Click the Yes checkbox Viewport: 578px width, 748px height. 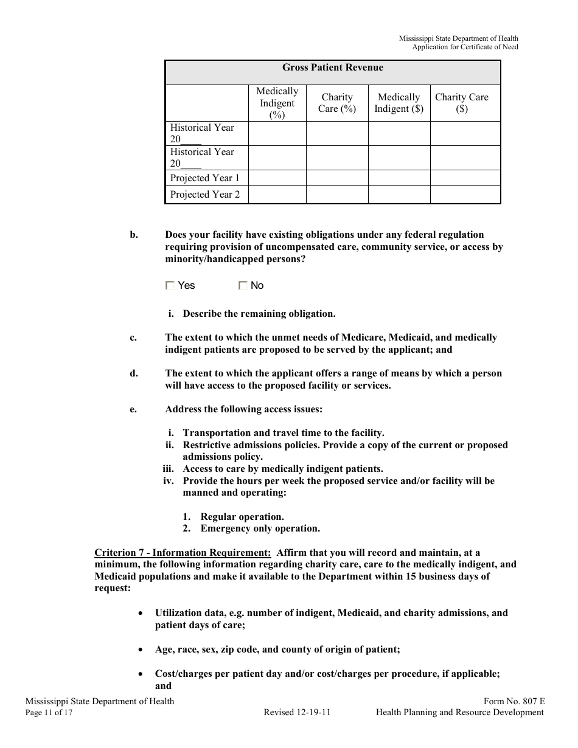tap(170, 286)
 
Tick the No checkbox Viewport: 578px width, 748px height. tap(243, 286)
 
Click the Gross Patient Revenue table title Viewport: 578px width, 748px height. tap(332, 68)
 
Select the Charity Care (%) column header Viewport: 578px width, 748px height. tap(337, 103)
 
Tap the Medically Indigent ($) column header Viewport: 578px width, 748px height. tap(399, 103)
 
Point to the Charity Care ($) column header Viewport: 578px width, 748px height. tap(462, 103)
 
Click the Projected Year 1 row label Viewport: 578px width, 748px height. tap(205, 178)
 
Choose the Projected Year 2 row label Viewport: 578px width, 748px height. tap(205, 195)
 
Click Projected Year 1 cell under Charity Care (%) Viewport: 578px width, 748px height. tap(337, 178)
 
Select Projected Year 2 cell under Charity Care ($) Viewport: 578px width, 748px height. tap(465, 195)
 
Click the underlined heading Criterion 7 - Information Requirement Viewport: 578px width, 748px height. tap(183, 553)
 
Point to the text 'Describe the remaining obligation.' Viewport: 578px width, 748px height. tap(259, 314)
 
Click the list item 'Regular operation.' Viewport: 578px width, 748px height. tap(242, 517)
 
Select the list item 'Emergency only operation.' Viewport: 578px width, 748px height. tap(260, 528)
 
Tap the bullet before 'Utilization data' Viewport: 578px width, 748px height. tap(142, 614)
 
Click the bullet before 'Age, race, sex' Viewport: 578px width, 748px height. tap(142, 650)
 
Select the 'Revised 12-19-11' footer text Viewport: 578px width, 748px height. tap(297, 713)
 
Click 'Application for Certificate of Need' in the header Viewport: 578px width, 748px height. tap(465, 47)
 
